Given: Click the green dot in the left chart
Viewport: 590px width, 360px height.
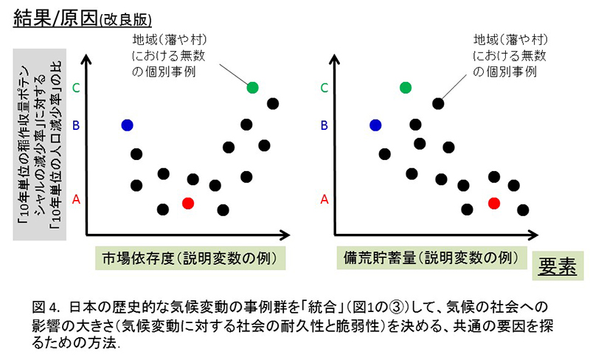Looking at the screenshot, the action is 252,88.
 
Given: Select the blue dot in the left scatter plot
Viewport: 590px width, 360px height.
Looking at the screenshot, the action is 127,125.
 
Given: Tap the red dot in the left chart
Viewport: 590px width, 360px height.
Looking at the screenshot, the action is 188,204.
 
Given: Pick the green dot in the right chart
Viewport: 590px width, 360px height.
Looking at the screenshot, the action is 406,88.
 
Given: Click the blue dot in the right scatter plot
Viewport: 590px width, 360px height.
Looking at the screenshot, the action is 375,125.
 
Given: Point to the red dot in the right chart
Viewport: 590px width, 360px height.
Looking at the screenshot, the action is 494,204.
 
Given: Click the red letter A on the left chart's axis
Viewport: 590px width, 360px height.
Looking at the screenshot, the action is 76,199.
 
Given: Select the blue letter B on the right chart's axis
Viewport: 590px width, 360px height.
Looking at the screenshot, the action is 324,125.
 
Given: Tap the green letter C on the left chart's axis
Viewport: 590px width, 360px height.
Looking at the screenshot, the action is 76,88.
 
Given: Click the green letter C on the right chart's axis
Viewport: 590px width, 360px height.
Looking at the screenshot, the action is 324,88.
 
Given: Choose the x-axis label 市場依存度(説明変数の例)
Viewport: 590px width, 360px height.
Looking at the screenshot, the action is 190,258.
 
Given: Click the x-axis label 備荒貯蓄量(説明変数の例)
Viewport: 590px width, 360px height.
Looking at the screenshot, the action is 431,258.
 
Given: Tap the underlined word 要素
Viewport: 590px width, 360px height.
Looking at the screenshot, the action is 558,266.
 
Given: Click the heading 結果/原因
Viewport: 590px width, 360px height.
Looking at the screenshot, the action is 56,19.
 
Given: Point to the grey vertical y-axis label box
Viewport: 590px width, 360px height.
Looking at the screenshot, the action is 40,145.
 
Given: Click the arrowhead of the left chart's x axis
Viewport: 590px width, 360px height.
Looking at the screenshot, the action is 285,235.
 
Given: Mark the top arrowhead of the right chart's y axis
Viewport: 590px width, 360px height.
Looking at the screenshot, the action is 334,59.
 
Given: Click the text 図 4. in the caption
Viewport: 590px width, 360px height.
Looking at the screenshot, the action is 46,308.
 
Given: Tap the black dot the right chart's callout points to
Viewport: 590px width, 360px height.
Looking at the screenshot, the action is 438,103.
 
